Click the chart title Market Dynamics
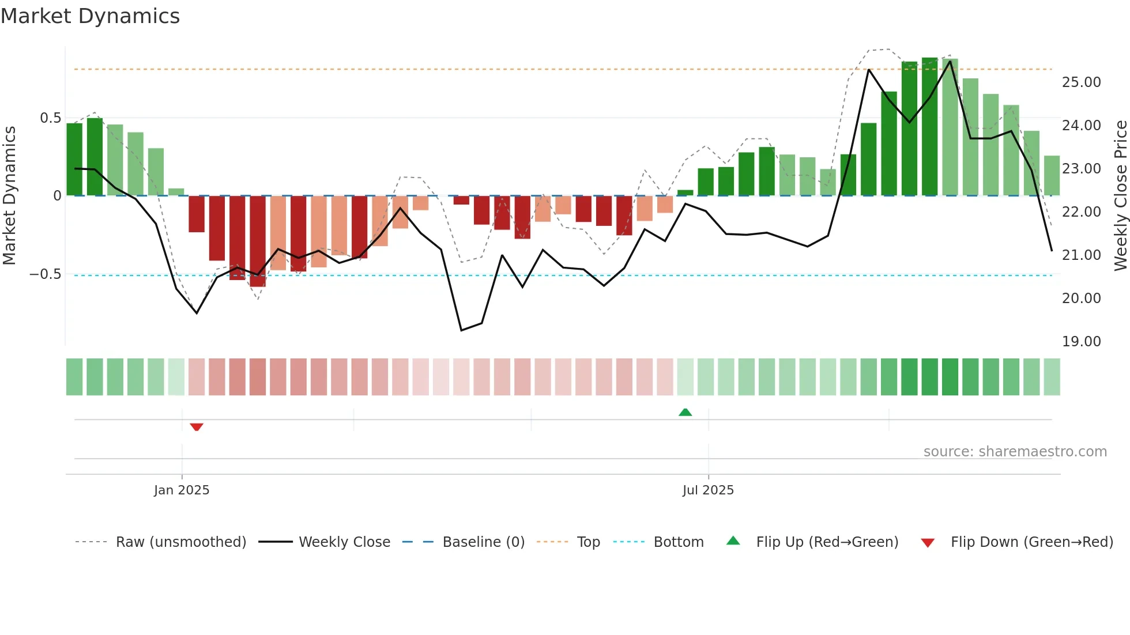pyautogui.click(x=90, y=16)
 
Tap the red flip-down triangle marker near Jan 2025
pyautogui.click(x=197, y=427)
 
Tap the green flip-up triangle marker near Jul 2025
pyautogui.click(x=685, y=412)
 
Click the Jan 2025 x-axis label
pyautogui.click(x=182, y=490)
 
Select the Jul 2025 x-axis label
pyautogui.click(x=708, y=490)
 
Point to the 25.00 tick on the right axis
pyautogui.click(x=1081, y=82)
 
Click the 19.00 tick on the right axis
pyautogui.click(x=1081, y=342)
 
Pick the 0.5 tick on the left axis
pyautogui.click(x=50, y=118)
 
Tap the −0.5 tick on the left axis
pyautogui.click(x=46, y=274)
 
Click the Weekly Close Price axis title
pyautogui.click(x=1120, y=196)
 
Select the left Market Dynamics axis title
pyautogui.click(x=9, y=196)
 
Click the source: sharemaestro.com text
pyautogui.click(x=1015, y=452)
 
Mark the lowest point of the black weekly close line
pyautogui.click(x=461, y=330)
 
